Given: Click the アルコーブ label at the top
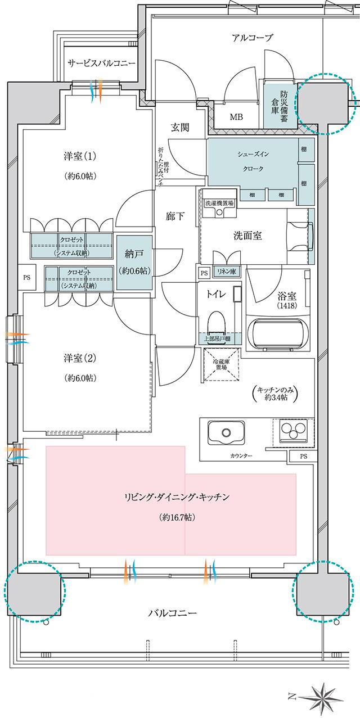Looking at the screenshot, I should pos(253,38).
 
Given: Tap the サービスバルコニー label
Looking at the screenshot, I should pos(101,63).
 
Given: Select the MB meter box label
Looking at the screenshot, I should pos(236,117).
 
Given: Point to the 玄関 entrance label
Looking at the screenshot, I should pos(180,127).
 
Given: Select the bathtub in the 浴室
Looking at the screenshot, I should pos(280,336).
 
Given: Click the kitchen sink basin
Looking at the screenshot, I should pos(226,433).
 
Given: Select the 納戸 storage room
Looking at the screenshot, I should pos(134,262).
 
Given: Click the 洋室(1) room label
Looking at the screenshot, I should pos(78,155).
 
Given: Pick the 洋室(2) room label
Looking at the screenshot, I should pos(78,358).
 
